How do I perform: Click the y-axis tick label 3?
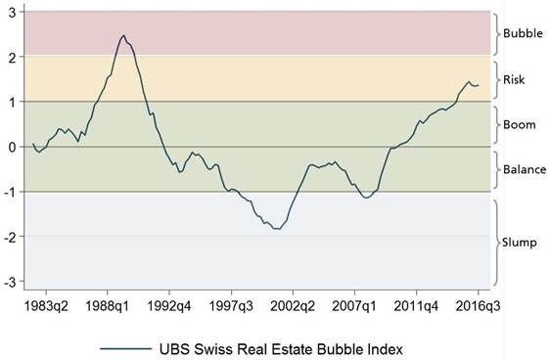tap(13, 13)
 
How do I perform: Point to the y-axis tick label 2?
tap(13, 58)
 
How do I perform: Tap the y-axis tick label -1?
tap(11, 192)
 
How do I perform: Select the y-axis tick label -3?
tap(11, 282)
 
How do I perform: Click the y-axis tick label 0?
tap(13, 147)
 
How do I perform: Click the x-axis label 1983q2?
tap(46, 306)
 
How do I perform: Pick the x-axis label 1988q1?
tap(108, 306)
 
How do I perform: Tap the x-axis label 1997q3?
tap(231, 306)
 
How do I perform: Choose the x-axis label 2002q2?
tap(293, 306)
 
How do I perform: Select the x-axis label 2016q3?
tap(478, 306)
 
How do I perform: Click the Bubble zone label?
tap(523, 33)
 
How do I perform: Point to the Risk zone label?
tap(514, 79)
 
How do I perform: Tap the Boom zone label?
tap(520, 124)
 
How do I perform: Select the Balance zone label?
tap(525, 169)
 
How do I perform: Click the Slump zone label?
tap(520, 243)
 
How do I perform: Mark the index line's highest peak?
tap(123, 35)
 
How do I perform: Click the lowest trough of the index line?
tap(278, 229)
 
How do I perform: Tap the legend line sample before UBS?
tap(125, 349)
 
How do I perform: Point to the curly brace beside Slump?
tap(497, 243)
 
